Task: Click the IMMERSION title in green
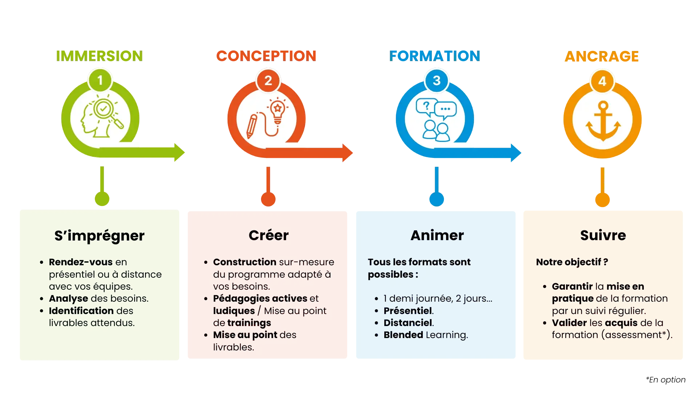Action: pos(99,56)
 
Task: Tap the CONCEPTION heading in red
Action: pos(266,56)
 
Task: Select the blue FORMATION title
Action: pos(434,56)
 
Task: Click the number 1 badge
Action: pos(100,80)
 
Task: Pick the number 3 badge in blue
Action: pos(437,80)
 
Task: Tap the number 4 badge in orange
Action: pos(602,81)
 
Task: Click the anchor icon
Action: pos(603,121)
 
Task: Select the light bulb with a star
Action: pos(278,110)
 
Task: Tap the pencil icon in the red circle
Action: pos(252,126)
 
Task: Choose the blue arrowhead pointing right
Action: pos(516,152)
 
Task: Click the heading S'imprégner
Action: pos(99,236)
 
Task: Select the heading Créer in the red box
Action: pos(268,235)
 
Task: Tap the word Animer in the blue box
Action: pos(437,235)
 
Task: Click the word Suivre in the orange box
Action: pos(603,235)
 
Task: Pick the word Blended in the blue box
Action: pos(403,335)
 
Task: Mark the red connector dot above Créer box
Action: pos(268,199)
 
